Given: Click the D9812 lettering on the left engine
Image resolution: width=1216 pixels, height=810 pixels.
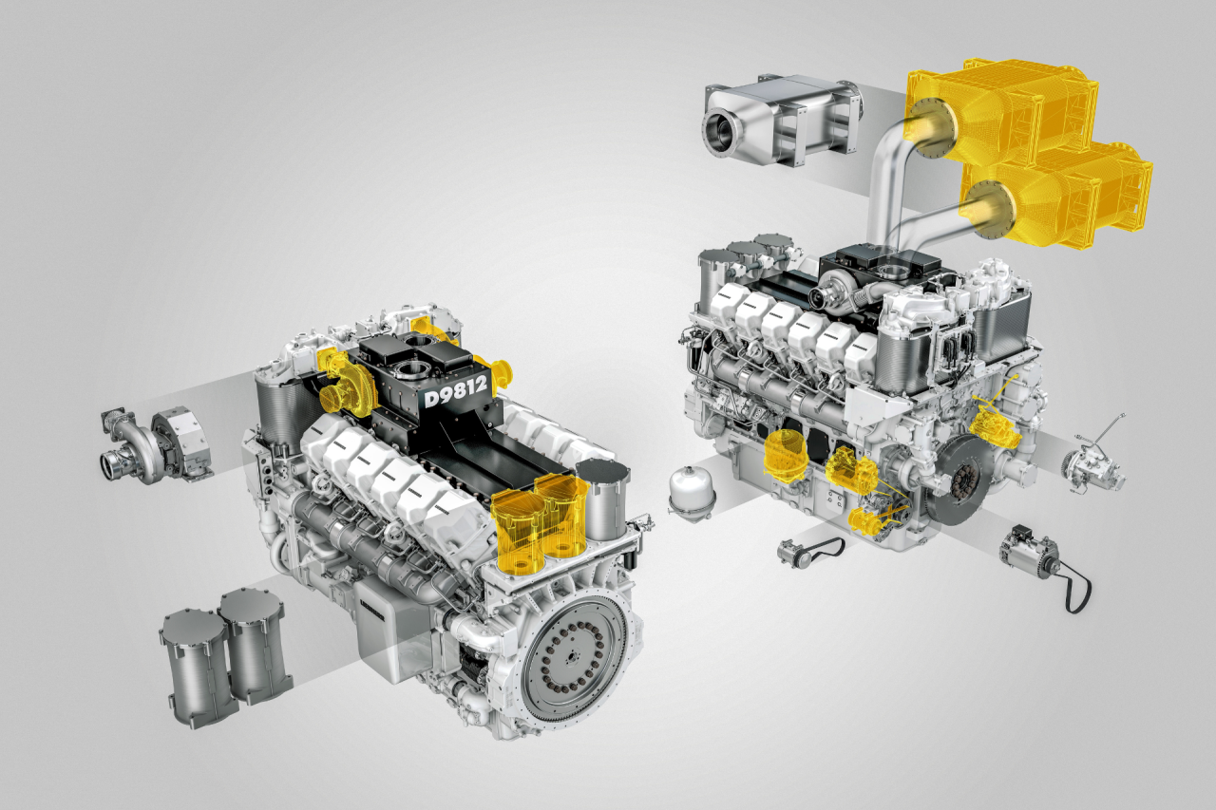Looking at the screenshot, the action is [x=456, y=389].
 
